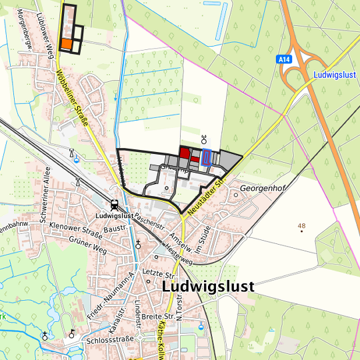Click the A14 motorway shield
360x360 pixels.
(285, 59)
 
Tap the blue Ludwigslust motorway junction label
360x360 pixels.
(335, 74)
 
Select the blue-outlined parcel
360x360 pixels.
(207, 158)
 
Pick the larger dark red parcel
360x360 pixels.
(185, 153)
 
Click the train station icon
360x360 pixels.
(115, 205)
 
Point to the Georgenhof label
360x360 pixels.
(263, 189)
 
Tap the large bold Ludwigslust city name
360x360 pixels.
(207, 286)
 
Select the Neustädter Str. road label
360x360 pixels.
(207, 193)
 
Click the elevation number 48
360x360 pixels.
(301, 227)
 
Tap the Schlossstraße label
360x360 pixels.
(111, 339)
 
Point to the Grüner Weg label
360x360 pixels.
(87, 246)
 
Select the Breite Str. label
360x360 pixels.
(159, 315)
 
